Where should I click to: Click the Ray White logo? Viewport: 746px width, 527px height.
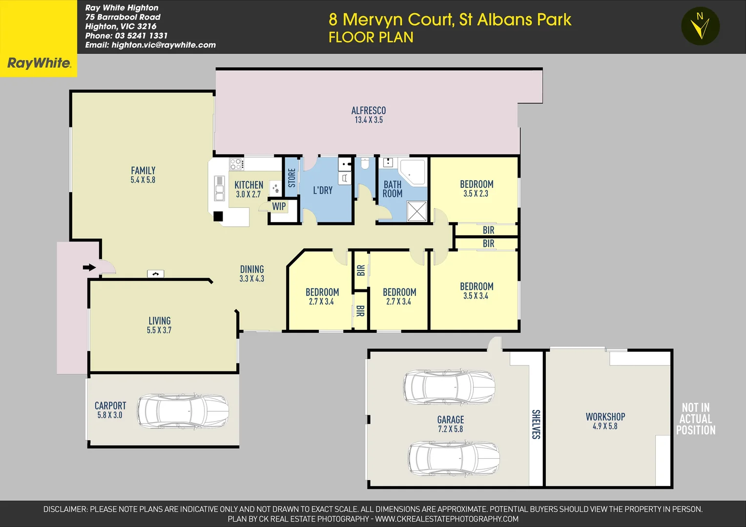coord(39,63)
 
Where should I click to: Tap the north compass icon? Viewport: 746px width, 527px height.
coord(700,26)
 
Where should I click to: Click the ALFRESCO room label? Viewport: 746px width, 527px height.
coord(369,111)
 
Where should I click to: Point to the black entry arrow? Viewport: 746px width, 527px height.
coord(89,267)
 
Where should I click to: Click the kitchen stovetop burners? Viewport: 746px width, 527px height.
coord(236,164)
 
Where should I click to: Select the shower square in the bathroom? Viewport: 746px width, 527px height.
coord(416,211)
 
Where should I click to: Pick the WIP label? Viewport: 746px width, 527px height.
coord(279,206)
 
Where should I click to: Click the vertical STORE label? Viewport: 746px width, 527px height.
coord(291,178)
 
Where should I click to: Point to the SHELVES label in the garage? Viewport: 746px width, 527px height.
coord(536,424)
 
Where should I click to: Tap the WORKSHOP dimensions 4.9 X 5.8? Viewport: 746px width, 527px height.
coord(605,426)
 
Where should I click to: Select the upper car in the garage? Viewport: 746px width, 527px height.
coord(449,386)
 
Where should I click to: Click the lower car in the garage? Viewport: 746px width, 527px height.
coord(454,459)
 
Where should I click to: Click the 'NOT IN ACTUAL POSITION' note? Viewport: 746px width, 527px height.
coord(696,419)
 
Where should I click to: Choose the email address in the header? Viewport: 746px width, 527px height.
coord(150,45)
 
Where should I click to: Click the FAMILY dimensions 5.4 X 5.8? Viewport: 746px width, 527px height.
coord(143,180)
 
